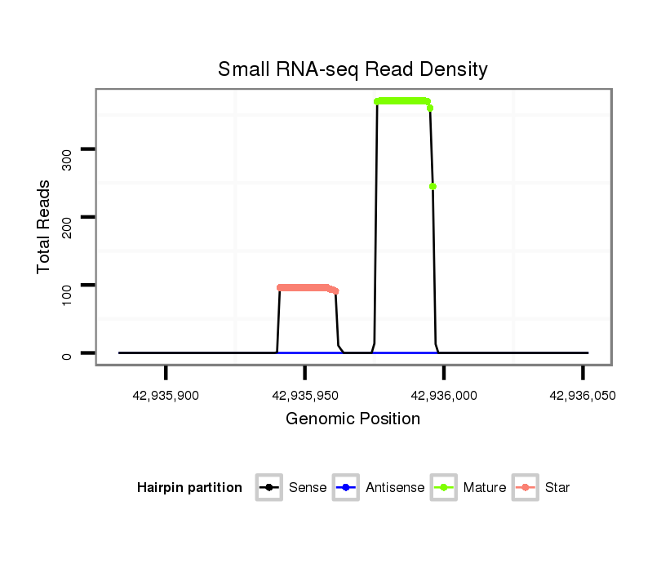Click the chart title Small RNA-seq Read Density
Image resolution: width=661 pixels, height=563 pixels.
(x=353, y=69)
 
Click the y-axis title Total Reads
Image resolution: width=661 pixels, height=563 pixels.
(x=44, y=226)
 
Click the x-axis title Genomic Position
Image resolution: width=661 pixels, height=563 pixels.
(x=353, y=419)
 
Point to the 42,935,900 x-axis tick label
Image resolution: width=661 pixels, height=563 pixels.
(x=166, y=396)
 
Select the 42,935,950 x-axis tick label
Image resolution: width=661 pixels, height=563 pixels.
(x=304, y=396)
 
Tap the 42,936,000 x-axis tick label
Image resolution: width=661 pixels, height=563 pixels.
(x=443, y=396)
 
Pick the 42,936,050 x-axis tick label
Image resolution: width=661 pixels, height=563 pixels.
(x=583, y=396)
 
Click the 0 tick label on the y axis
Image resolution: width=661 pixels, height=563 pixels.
(x=67, y=353)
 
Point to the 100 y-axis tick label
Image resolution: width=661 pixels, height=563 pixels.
(x=67, y=285)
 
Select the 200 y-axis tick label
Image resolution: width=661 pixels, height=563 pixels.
(x=67, y=217)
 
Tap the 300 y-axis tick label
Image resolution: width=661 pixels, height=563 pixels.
(x=67, y=149)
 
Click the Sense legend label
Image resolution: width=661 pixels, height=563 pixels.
(x=308, y=488)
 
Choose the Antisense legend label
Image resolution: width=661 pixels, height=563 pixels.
(x=395, y=488)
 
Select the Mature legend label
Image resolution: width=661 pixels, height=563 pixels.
(x=485, y=488)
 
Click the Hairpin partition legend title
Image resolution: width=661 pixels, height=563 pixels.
(x=189, y=488)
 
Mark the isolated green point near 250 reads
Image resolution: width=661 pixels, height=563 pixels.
(x=433, y=186)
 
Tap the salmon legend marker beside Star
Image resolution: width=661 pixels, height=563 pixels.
(x=527, y=488)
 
